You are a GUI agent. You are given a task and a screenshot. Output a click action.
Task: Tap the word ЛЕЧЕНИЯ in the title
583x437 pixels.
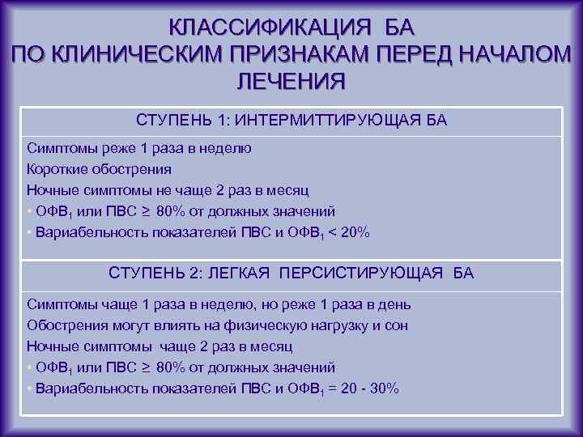click(291, 82)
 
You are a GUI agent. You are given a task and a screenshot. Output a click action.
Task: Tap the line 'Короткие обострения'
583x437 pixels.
click(99, 170)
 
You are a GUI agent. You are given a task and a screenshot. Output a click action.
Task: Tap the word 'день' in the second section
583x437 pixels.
click(395, 305)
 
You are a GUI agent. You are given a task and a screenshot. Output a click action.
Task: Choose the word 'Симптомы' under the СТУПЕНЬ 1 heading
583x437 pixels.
click(58, 149)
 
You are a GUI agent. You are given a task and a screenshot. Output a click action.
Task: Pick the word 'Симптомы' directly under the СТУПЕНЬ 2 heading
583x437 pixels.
click(58, 305)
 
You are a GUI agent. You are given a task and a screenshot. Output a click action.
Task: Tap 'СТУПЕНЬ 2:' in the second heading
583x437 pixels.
click(149, 274)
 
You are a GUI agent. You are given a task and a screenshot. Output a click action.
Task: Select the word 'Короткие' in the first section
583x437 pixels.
click(55, 170)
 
